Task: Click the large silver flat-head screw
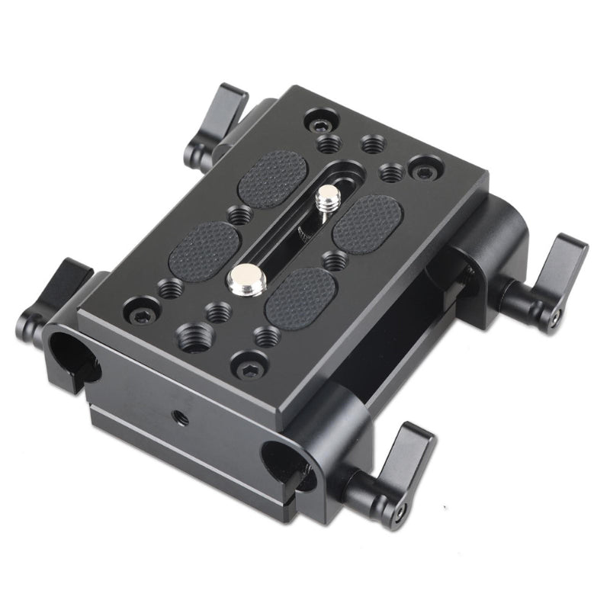coord(246,278)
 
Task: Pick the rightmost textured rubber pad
coord(368,220)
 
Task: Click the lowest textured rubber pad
coord(300,295)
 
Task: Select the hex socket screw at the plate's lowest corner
coord(249,368)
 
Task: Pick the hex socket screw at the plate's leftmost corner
coord(140,313)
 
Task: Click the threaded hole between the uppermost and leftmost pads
coord(240,216)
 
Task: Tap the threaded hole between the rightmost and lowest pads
coord(334,260)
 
